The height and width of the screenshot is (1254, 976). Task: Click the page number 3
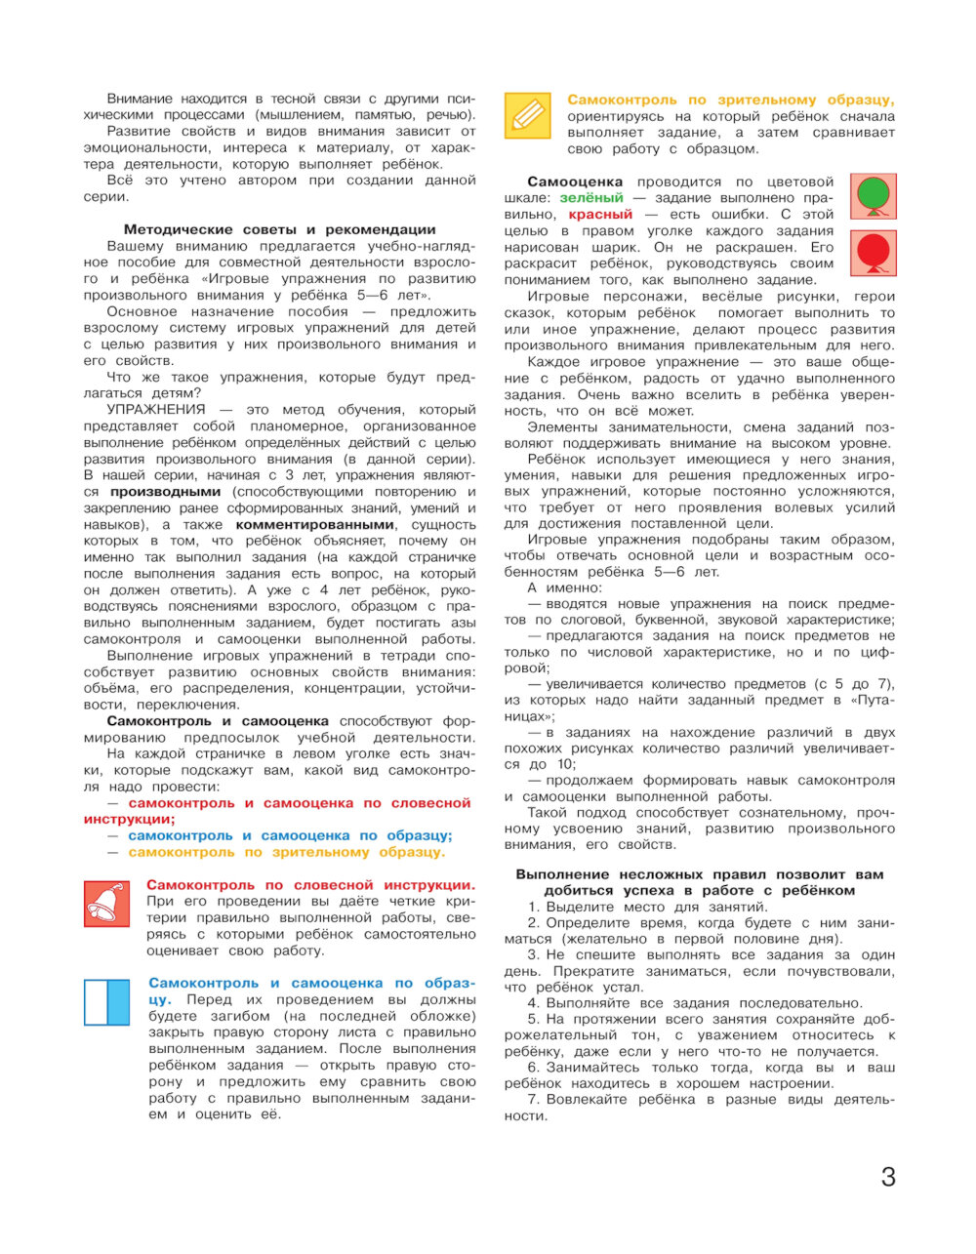pos(887,1177)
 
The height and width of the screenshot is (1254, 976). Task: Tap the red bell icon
pos(106,903)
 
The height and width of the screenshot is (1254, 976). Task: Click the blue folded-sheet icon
pos(106,1002)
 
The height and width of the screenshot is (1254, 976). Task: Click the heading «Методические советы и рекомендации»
pos(280,229)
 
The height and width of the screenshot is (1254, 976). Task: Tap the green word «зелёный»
pos(591,198)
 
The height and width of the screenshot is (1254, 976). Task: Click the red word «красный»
pos(601,215)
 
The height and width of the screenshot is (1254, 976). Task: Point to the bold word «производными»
pos(165,492)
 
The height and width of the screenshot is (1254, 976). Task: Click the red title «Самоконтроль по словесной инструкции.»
pos(311,885)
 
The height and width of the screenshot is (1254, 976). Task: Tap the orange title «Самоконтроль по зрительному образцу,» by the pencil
pos(731,100)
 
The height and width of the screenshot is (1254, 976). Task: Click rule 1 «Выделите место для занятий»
pos(648,907)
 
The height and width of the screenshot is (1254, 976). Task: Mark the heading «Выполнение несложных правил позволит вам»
pos(699,874)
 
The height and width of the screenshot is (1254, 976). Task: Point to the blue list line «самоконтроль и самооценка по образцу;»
pos(290,835)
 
